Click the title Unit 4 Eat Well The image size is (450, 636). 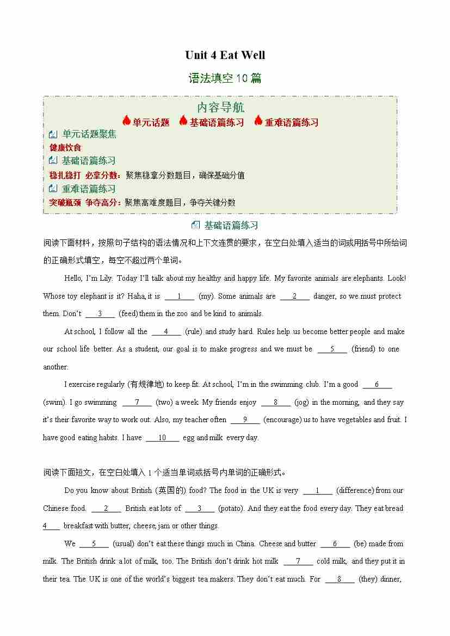pyautogui.click(x=225, y=55)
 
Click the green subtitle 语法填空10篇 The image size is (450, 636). pyautogui.click(x=225, y=78)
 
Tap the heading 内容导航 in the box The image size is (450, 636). pyautogui.click(x=220, y=108)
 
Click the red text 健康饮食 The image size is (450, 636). pyautogui.click(x=65, y=147)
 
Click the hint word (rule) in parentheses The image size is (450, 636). pyautogui.click(x=194, y=331)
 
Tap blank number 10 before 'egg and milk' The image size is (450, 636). pyautogui.click(x=162, y=437)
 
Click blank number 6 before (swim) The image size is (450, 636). pyautogui.click(x=377, y=384)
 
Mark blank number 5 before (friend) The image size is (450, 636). pyautogui.click(x=331, y=349)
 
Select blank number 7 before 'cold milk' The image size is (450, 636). pyautogui.click(x=298, y=561)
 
